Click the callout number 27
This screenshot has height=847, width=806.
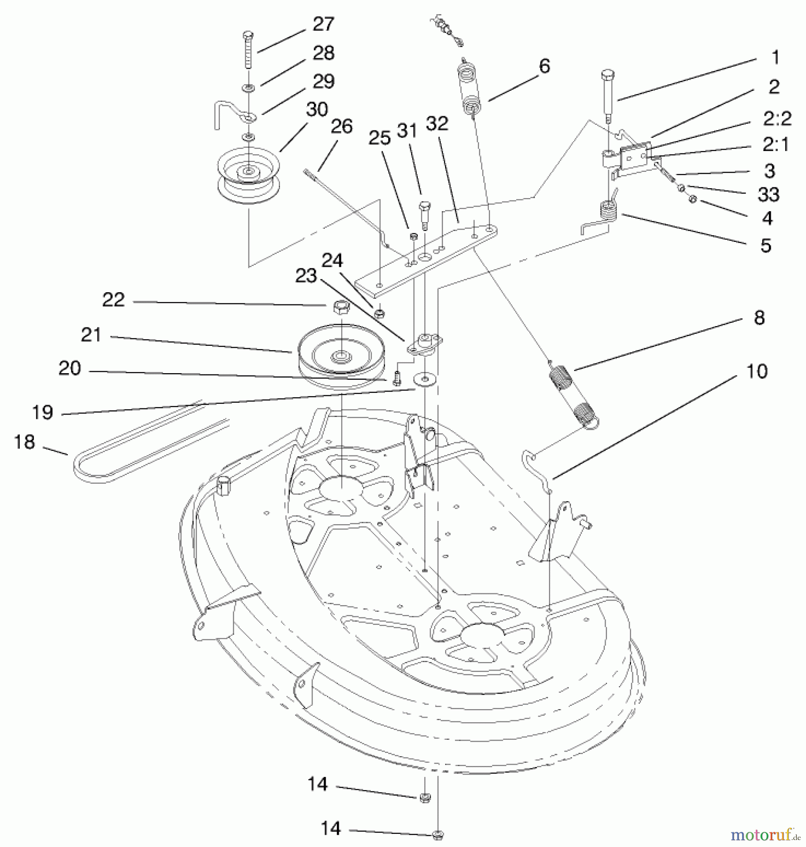pos(323,24)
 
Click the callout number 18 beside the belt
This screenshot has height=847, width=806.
pos(25,442)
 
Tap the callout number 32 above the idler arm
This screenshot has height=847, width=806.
pos(437,124)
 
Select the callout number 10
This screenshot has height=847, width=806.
pos(757,371)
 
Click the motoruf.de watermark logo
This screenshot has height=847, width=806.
pos(763,835)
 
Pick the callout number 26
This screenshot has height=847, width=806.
pos(341,127)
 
